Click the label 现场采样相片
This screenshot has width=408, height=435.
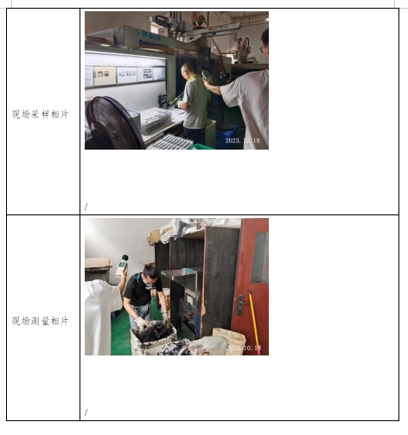tap(40, 113)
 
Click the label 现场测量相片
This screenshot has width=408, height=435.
tap(40, 321)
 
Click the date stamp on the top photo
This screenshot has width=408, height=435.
tap(242, 139)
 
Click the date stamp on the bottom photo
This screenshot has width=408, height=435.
tap(243, 348)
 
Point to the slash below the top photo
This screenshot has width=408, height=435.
tap(86, 207)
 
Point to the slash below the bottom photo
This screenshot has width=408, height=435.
tap(86, 413)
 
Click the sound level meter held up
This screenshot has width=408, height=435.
tap(122, 266)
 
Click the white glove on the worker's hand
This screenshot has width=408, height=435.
tap(141, 322)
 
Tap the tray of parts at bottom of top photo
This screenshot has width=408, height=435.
tap(170, 141)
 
